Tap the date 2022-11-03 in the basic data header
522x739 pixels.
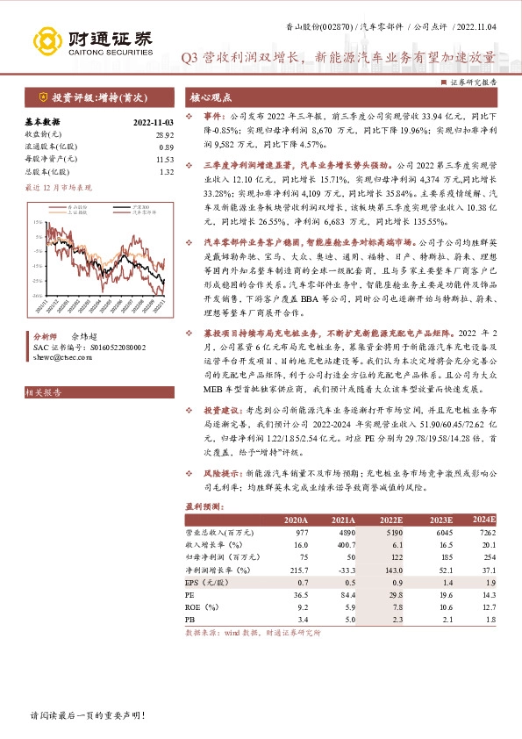[x=153, y=122]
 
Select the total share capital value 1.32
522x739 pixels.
[x=166, y=171]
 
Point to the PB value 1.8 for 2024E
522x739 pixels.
[x=490, y=619]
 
